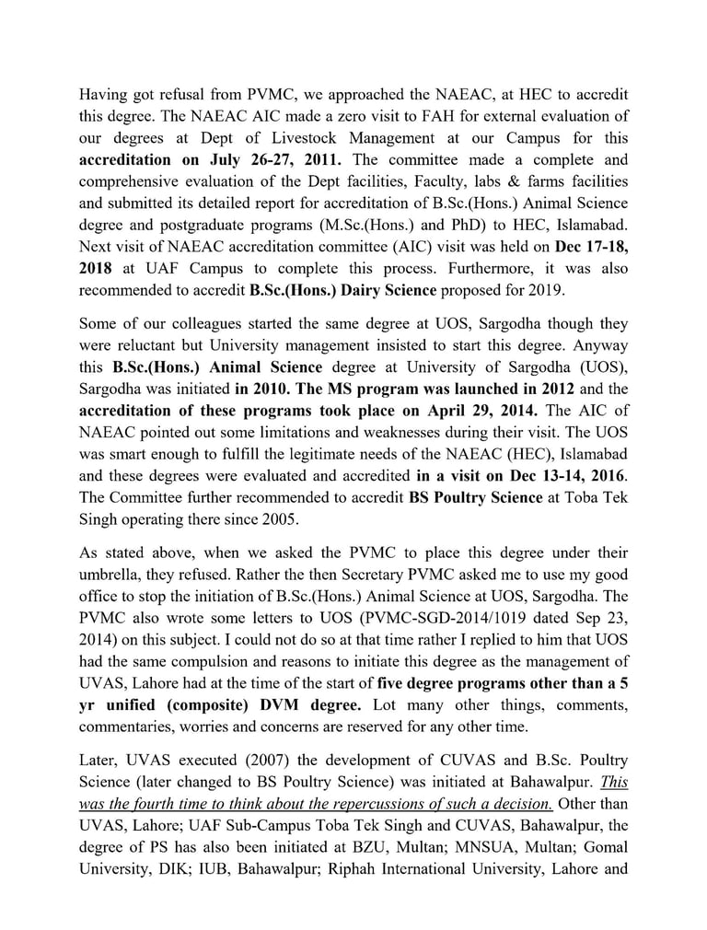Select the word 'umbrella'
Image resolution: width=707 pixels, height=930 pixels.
[115, 575]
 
